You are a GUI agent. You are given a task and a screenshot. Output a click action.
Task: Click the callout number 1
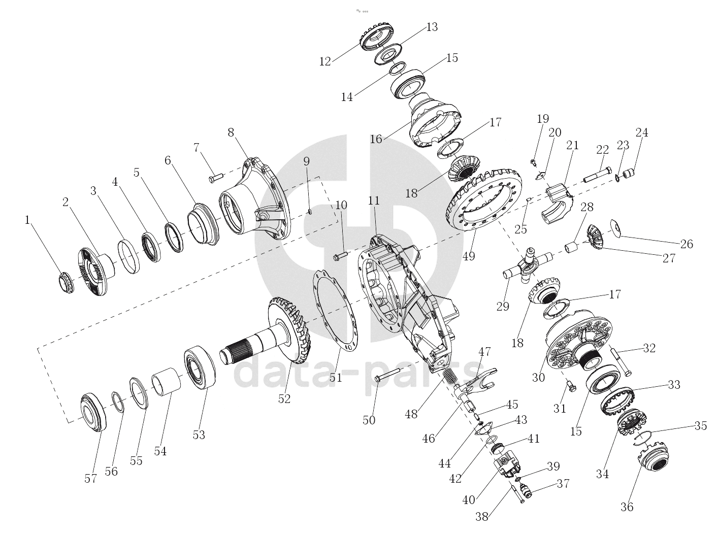coord(27,220)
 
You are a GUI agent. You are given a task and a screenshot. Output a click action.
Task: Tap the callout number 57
coord(90,479)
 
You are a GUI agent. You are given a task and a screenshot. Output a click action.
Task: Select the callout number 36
coord(627,507)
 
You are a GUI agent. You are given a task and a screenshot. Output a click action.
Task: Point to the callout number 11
coord(373,200)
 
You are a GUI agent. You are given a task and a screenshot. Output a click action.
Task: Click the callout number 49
coord(469,256)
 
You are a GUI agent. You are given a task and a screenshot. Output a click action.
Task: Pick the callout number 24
coord(642,132)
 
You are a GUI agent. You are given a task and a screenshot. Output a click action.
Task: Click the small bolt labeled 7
coord(216,178)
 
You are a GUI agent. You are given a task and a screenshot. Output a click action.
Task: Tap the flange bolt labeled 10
coord(340,256)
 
